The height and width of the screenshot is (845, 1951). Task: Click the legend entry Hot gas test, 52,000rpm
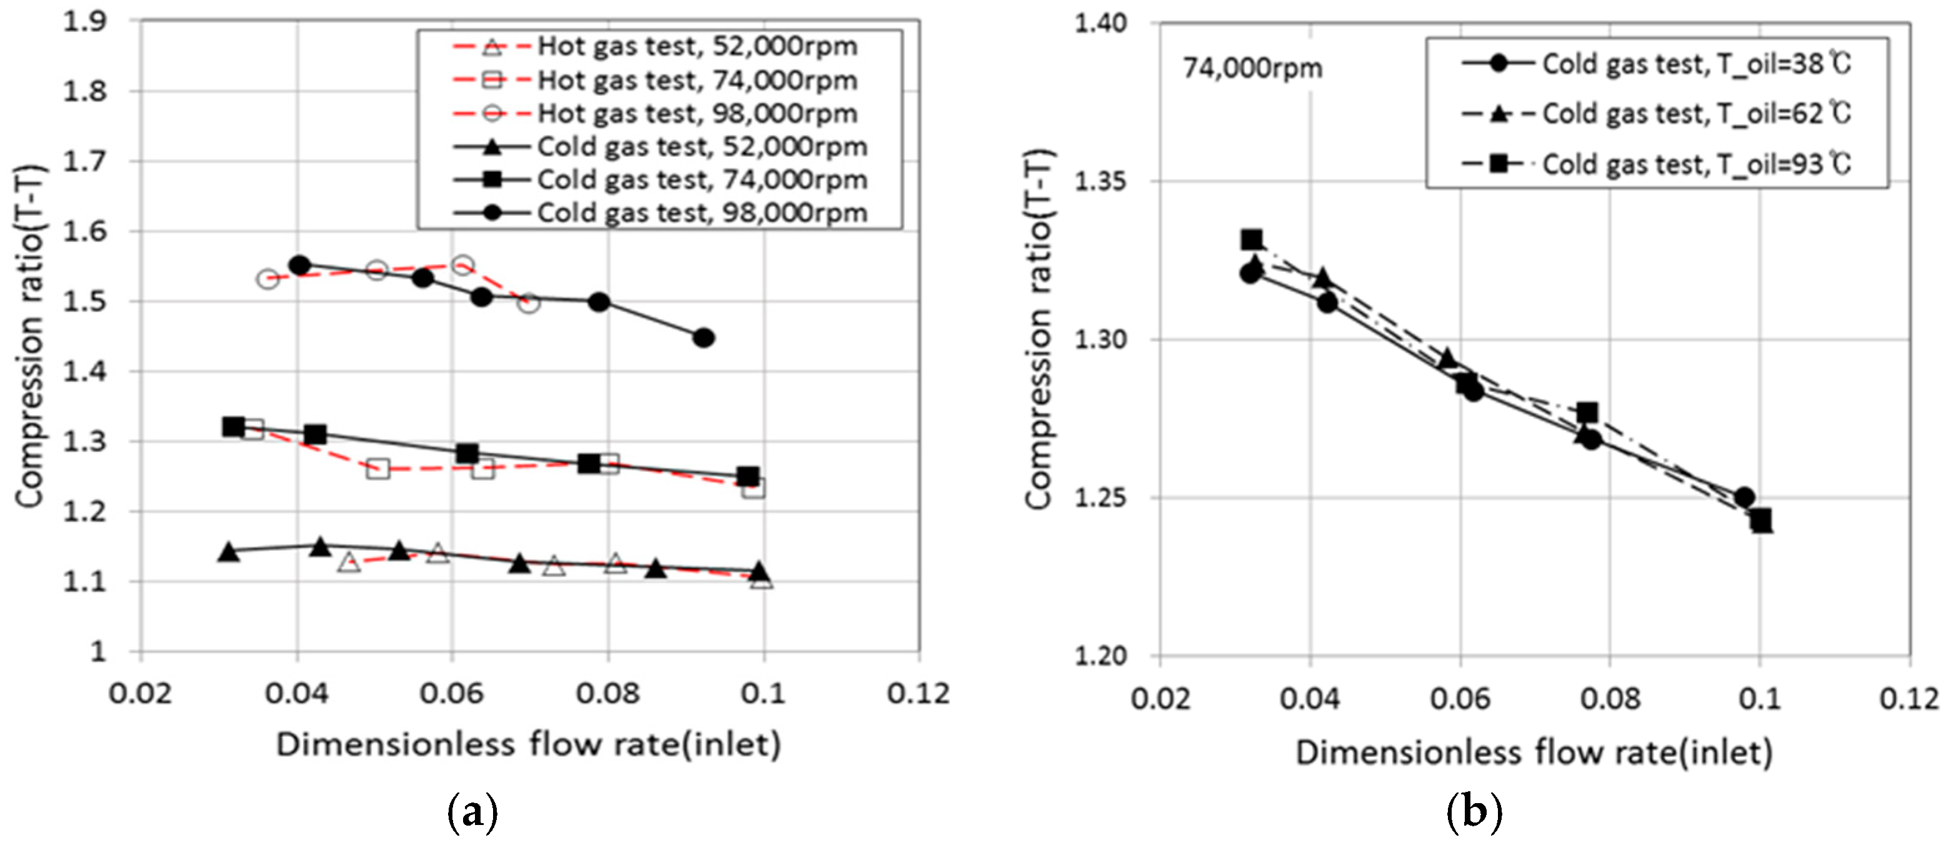point(697,46)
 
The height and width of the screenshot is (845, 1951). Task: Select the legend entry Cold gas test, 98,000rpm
point(701,212)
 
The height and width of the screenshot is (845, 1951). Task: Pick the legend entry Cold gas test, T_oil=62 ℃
point(1697,114)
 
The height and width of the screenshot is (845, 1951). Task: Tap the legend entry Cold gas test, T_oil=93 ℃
point(1697,164)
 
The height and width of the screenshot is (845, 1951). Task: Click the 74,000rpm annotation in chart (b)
point(1253,69)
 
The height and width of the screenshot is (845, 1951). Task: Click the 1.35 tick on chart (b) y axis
point(1100,182)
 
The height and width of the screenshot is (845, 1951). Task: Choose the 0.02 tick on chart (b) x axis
point(1160,698)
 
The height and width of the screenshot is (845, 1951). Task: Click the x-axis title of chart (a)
point(528,744)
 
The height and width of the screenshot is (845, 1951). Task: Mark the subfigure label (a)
point(473,813)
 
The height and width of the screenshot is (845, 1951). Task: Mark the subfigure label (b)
point(1474,813)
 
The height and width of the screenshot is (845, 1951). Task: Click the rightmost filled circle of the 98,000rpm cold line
point(703,337)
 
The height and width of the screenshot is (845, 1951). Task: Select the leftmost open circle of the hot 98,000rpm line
point(267,279)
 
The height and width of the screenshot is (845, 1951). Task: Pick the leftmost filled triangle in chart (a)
point(229,552)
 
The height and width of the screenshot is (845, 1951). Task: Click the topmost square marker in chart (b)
point(1252,240)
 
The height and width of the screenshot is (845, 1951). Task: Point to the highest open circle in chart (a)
point(463,265)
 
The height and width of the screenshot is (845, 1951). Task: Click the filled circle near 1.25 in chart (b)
point(1744,497)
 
